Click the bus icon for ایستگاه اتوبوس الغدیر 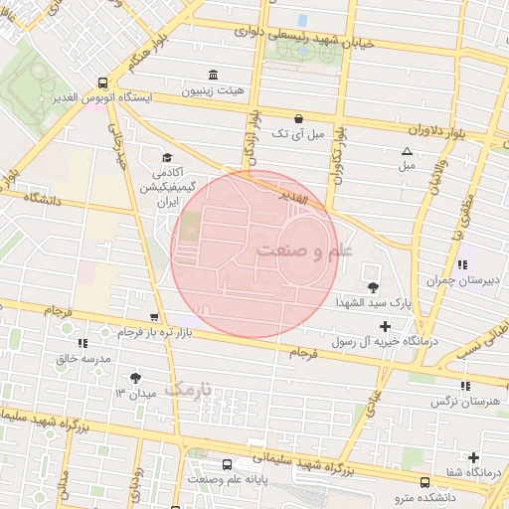103,84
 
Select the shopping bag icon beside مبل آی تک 300,117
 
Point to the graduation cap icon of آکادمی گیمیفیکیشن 167,158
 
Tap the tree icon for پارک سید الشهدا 372,287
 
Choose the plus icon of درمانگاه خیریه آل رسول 385,326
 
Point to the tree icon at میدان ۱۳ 135,377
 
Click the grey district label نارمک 189,389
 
